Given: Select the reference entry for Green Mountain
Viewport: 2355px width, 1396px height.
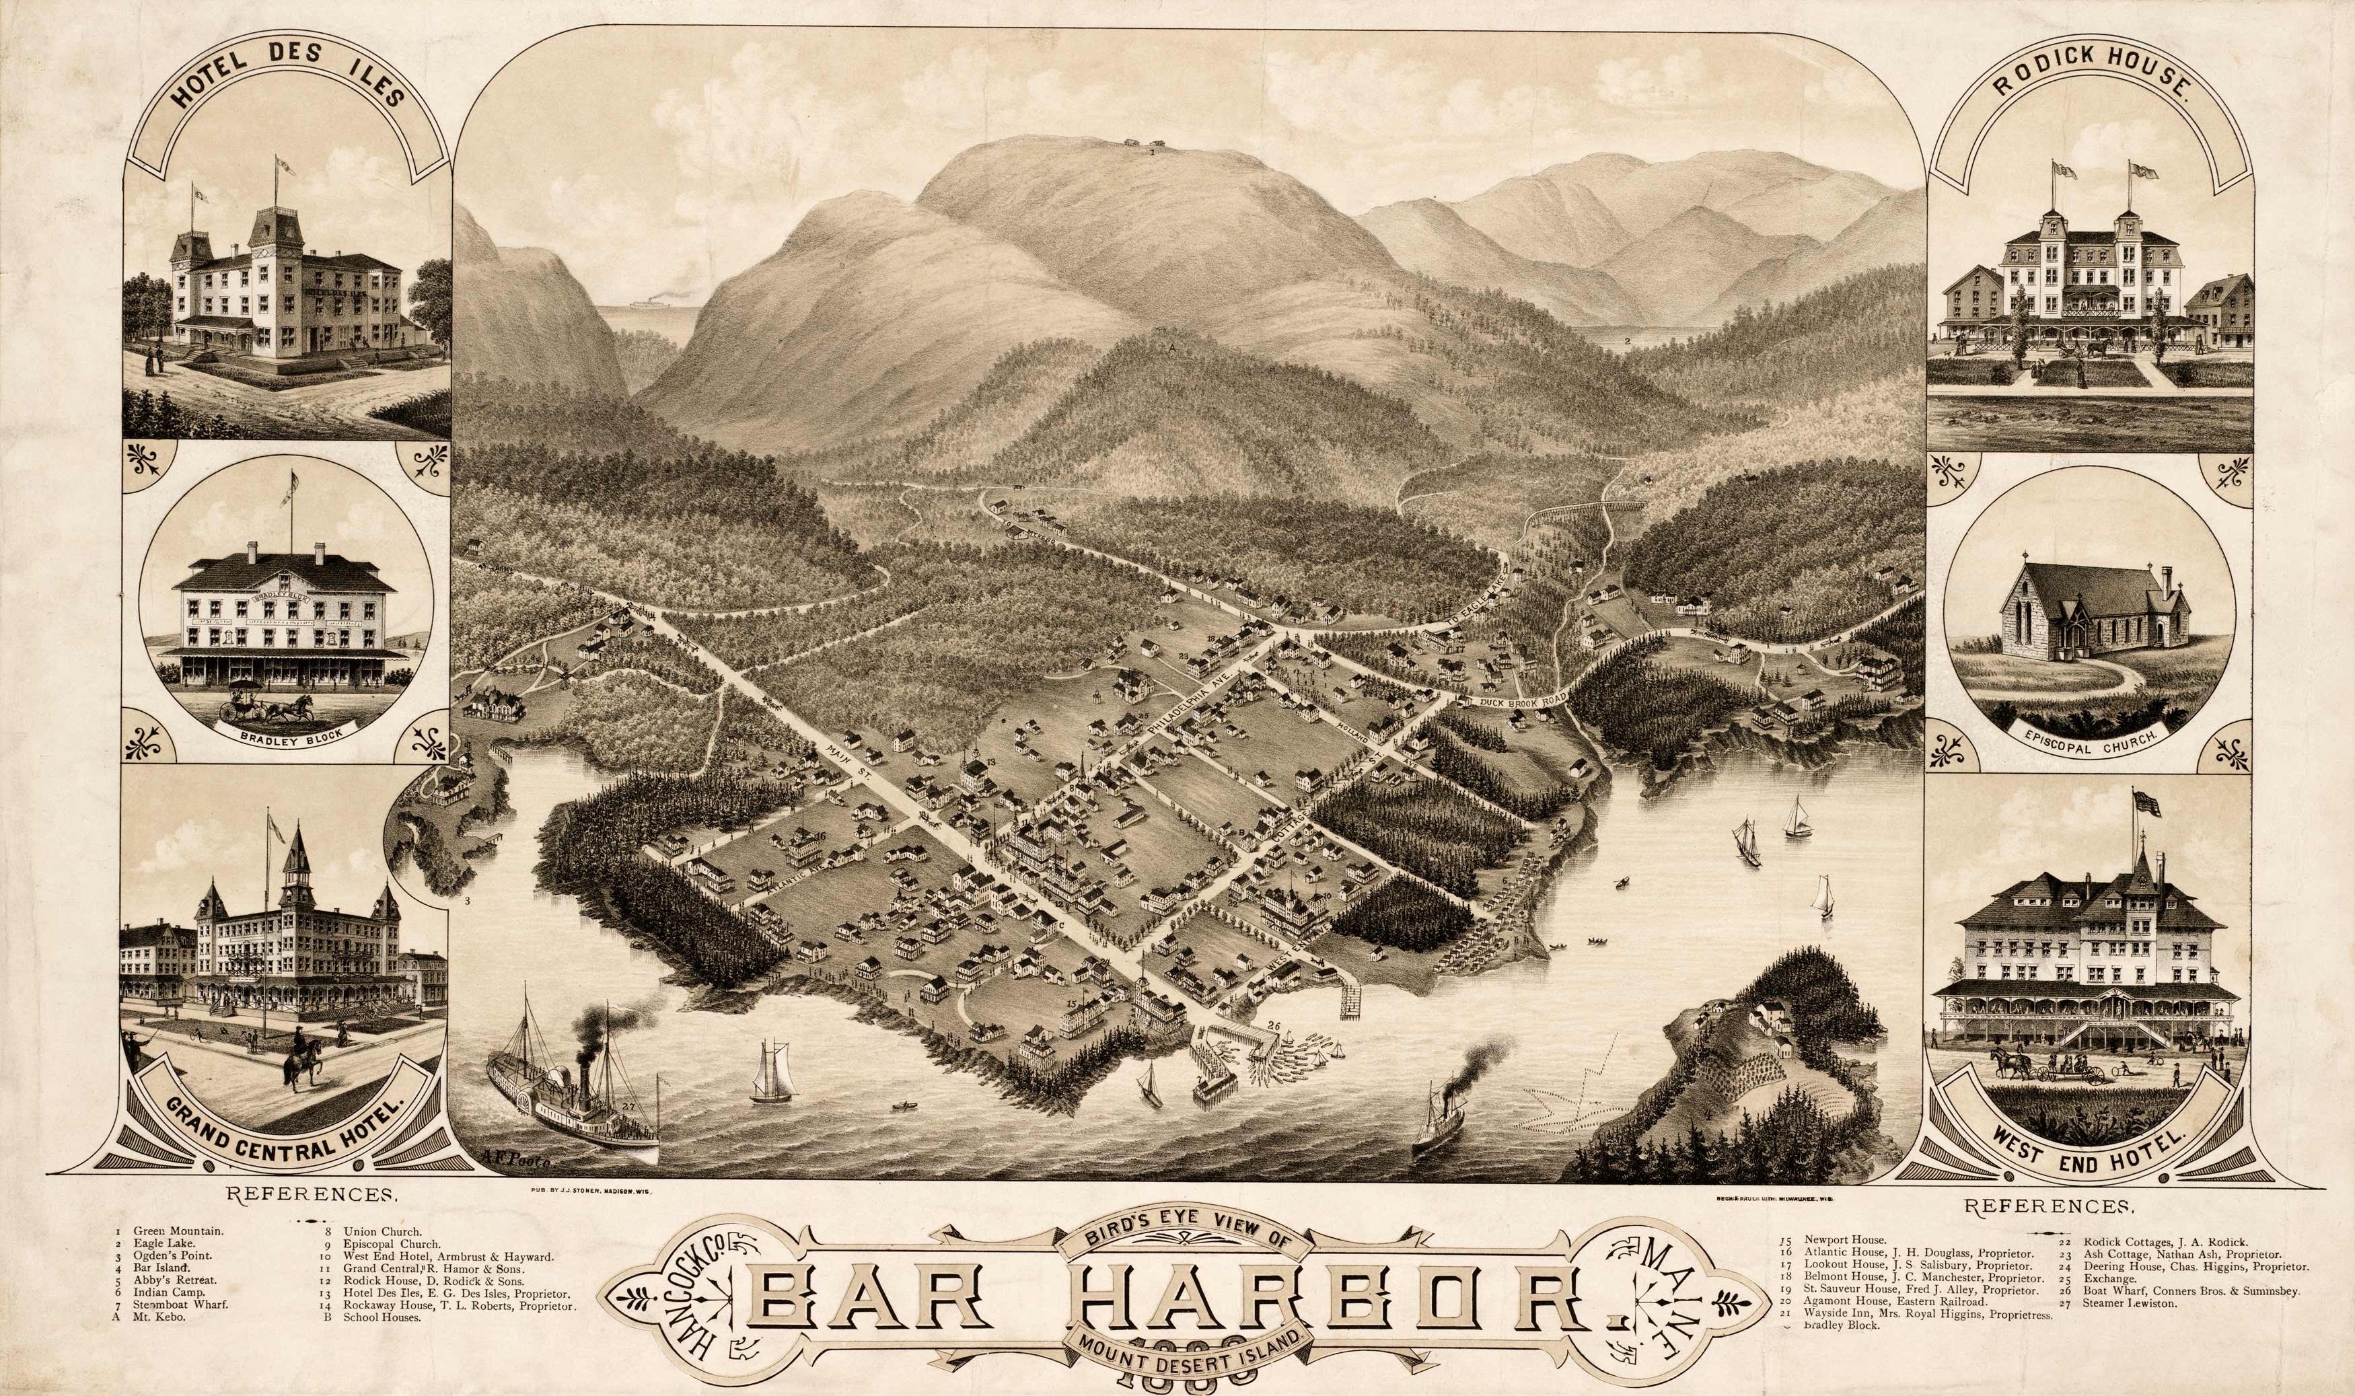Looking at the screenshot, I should tap(170, 1230).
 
